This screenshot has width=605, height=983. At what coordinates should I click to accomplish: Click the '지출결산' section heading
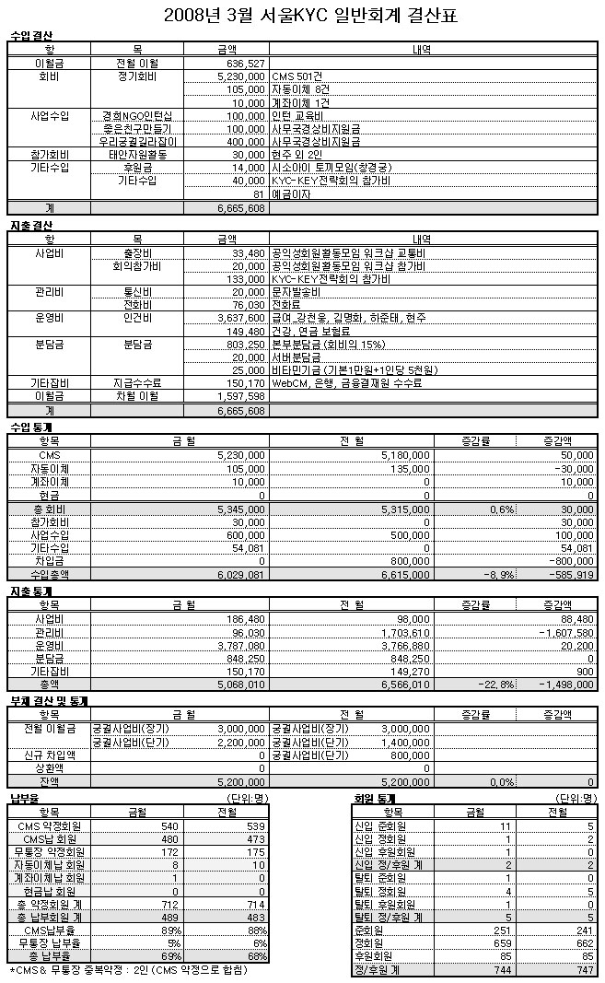coord(31,226)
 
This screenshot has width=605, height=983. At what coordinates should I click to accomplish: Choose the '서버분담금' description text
coord(297,357)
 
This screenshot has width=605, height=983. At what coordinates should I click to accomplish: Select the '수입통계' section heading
coord(31,428)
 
